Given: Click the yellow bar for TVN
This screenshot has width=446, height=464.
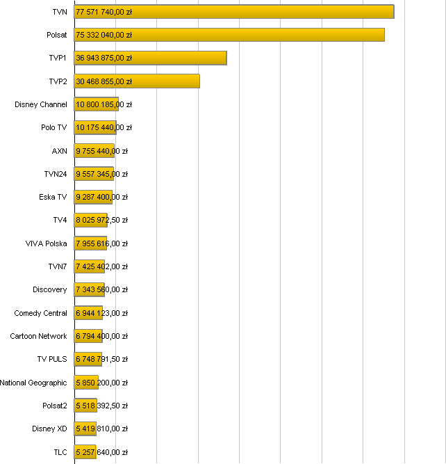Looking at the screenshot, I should (233, 12).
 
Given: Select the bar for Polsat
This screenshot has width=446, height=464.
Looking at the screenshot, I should (229, 35).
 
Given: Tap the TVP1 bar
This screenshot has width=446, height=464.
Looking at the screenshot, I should (150, 58).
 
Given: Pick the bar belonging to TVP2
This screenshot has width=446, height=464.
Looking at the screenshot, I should (137, 81).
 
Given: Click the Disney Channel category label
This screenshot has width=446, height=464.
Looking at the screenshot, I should (41, 104).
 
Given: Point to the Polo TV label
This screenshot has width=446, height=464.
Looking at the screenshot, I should (53, 128).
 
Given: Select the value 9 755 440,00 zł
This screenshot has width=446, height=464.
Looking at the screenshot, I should (101, 151).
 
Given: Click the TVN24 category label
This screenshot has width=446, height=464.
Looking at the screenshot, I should (55, 174).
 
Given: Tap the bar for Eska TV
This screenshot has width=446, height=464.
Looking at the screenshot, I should (93, 197).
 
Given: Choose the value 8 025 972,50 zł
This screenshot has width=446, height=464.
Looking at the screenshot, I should (101, 221).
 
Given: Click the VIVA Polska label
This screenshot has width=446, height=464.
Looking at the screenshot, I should (46, 243).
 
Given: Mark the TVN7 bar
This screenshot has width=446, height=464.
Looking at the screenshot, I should (90, 266).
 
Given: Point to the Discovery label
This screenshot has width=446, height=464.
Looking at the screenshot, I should (50, 289).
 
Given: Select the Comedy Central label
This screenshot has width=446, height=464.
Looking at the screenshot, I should (40, 313).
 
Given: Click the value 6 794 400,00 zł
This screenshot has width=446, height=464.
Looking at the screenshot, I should (101, 336).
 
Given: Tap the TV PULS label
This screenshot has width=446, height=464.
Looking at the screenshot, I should (52, 359).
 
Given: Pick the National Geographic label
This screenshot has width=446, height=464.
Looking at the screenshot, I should (33, 383).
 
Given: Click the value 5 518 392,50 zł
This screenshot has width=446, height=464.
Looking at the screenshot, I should (101, 406).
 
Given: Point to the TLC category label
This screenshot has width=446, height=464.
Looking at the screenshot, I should (60, 452).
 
